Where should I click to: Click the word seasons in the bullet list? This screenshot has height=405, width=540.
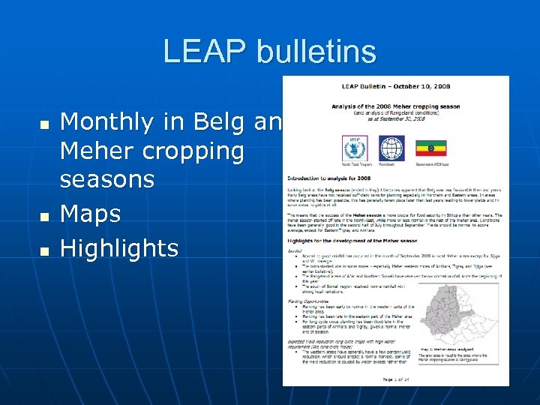pyautogui.click(x=107, y=180)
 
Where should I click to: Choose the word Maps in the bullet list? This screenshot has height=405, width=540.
pyautogui.click(x=90, y=214)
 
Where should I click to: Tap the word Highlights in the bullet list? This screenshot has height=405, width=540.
pyautogui.click(x=119, y=248)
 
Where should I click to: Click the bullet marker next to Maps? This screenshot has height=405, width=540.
pyautogui.click(x=45, y=216)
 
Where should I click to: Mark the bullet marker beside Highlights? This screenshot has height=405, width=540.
pyautogui.click(x=45, y=250)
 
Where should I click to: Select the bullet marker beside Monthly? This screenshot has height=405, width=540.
pyautogui.click(x=45, y=123)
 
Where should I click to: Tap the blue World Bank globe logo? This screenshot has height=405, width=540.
pyautogui.click(x=391, y=148)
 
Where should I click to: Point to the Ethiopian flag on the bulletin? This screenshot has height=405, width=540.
pyautogui.click(x=431, y=148)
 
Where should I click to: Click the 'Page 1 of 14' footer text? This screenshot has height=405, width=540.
pyautogui.click(x=395, y=380)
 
